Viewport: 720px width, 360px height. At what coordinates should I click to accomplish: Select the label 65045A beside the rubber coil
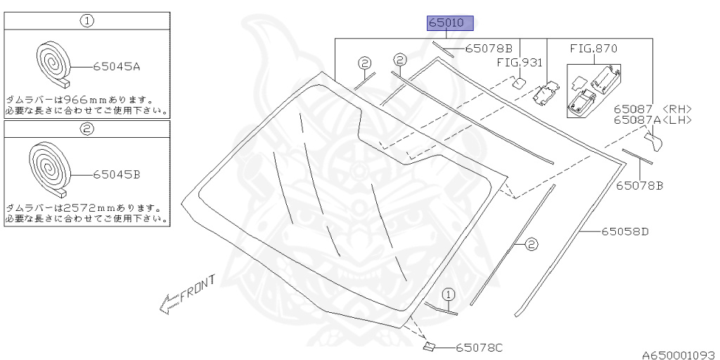pyautogui.click(x=117, y=67)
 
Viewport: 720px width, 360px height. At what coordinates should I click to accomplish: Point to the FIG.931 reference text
pyautogui.click(x=520, y=63)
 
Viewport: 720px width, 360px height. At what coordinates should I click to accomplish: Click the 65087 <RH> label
pyautogui.click(x=652, y=109)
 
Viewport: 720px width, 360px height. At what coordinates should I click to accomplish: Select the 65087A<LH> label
pyautogui.click(x=652, y=120)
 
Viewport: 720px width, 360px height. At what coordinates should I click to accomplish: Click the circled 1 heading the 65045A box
pyautogui.click(x=86, y=20)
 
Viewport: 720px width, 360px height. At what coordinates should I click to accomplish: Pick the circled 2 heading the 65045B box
pyautogui.click(x=86, y=129)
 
